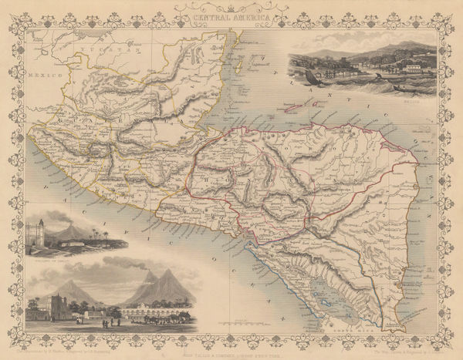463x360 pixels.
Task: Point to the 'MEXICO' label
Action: (x=39, y=77)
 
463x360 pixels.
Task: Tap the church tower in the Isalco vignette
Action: (x=36, y=233)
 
